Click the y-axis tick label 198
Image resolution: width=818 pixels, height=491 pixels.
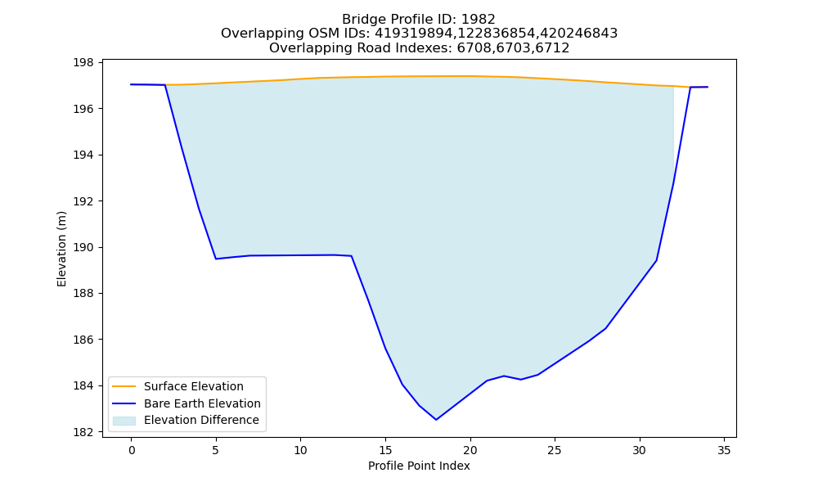[83, 63]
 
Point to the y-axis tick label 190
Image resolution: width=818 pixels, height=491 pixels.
[83, 247]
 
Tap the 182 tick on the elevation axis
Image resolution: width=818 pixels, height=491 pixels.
[83, 432]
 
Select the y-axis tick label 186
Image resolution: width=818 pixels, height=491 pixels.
[83, 340]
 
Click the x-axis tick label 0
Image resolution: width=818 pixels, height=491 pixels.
[132, 450]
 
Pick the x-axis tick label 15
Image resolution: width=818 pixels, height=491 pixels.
[385, 450]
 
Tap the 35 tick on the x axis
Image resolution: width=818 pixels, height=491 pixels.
[724, 450]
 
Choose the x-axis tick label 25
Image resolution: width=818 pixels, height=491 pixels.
[555, 450]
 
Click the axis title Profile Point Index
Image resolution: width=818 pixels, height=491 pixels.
[419, 466]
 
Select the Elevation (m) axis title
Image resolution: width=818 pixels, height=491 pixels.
[61, 249]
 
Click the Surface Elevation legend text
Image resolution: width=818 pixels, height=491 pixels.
[194, 386]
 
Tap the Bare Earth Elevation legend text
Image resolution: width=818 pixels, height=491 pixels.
[202, 403]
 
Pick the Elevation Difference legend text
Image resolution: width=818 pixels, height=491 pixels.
[201, 420]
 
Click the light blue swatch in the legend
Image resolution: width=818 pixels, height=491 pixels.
[124, 421]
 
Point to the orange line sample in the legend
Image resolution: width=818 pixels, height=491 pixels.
[124, 386]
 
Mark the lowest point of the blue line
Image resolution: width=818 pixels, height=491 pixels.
[436, 420]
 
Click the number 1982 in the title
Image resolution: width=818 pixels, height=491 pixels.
[479, 20]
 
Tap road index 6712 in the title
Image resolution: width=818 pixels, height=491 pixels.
[552, 48]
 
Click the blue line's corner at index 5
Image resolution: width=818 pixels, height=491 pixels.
[216, 259]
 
